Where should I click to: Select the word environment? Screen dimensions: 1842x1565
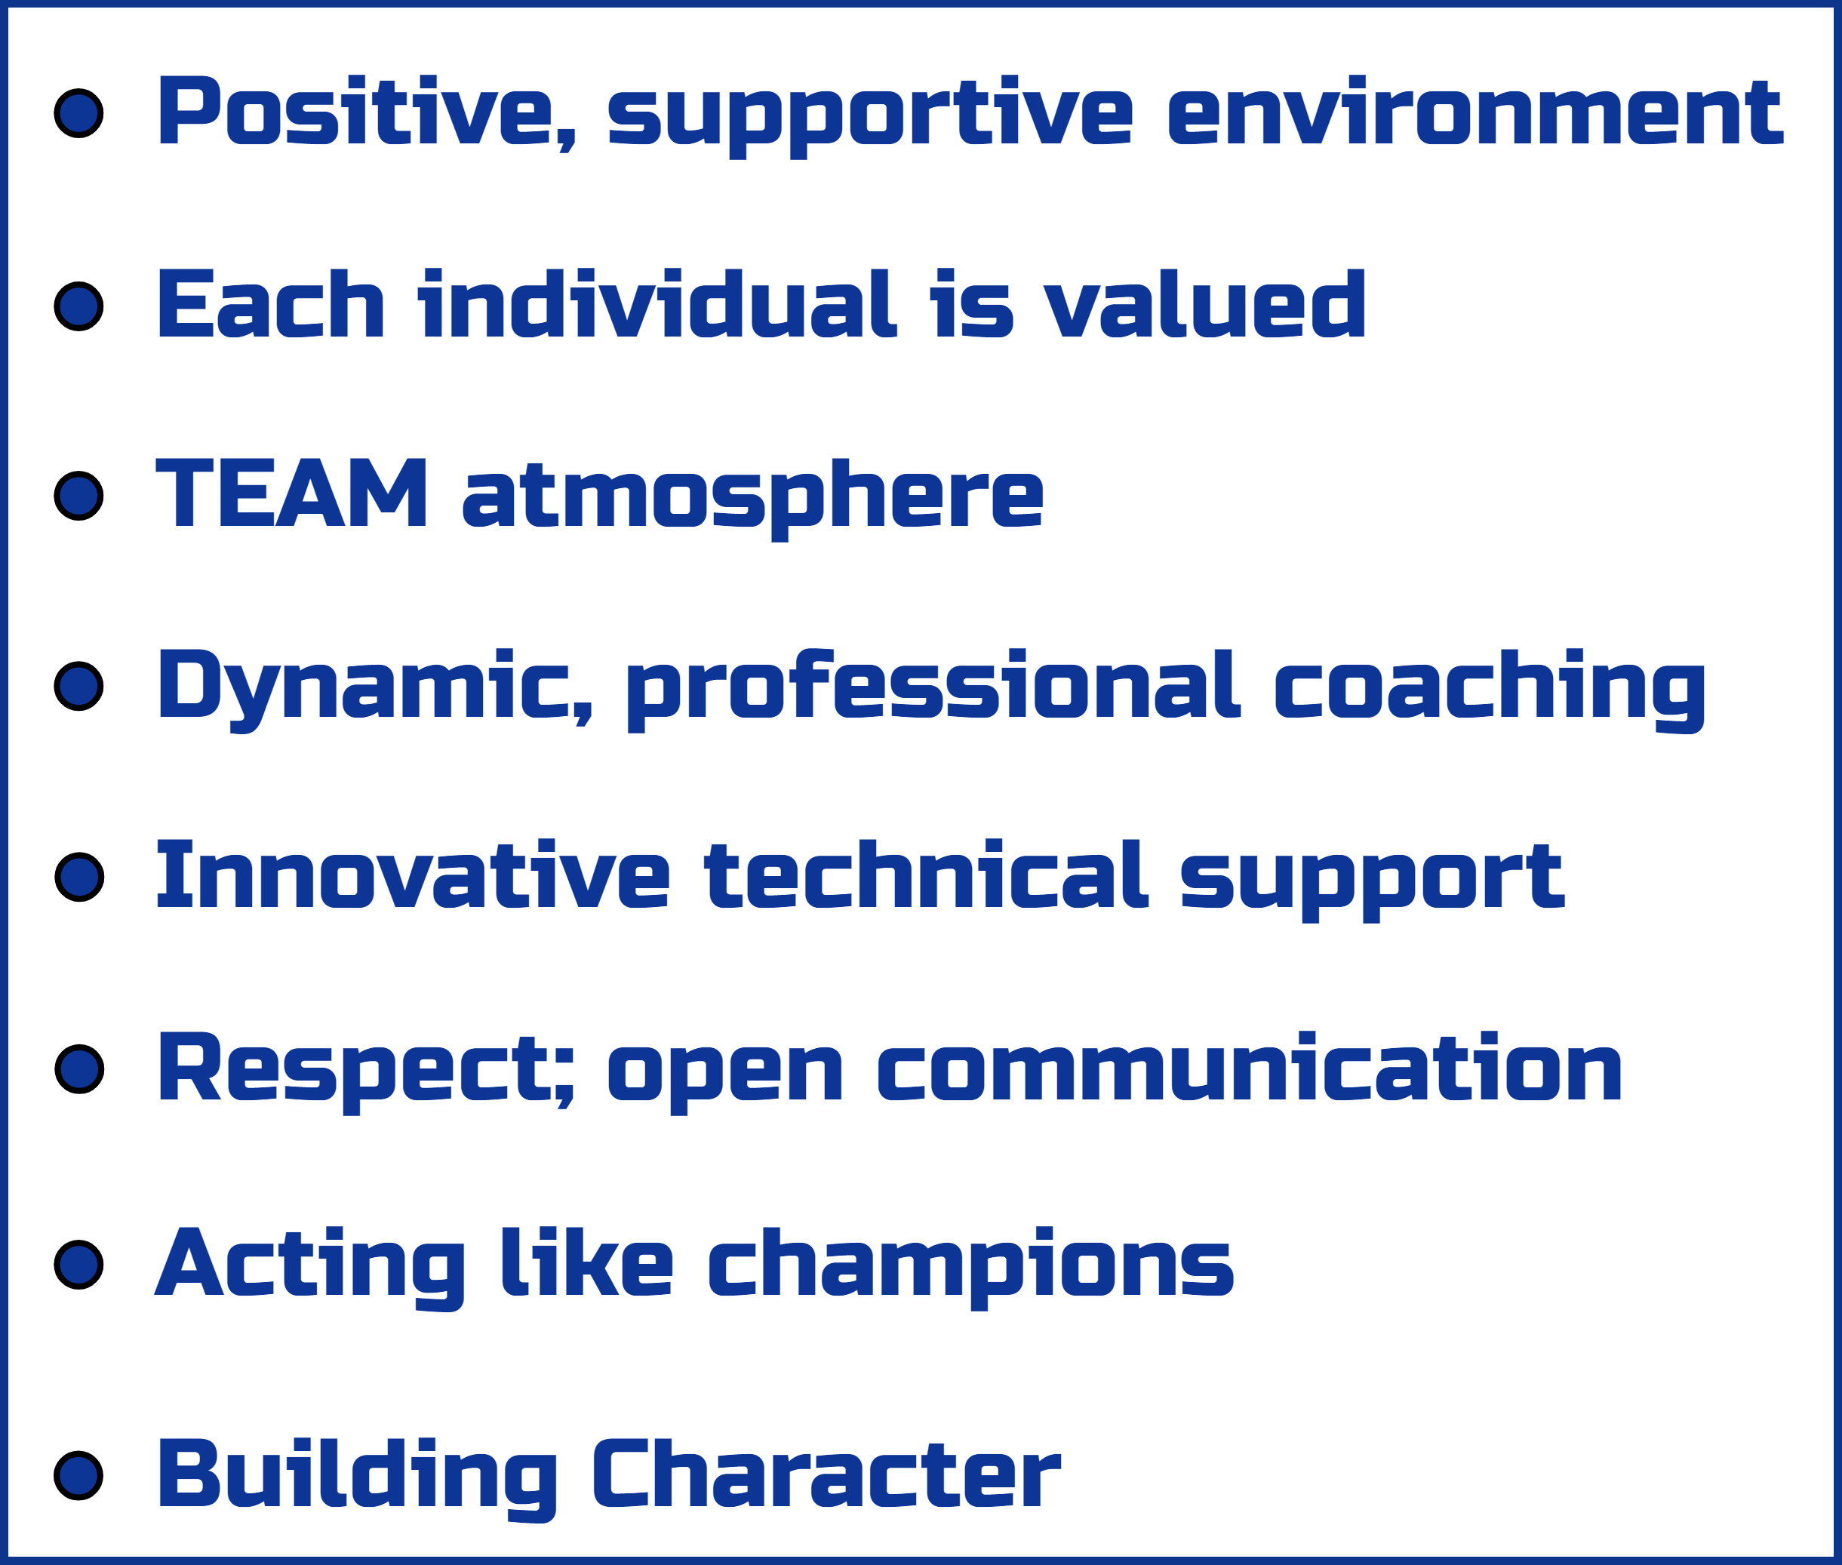click(1475, 111)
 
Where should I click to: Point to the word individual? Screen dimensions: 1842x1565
click(657, 303)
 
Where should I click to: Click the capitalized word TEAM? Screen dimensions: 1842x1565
click(291, 493)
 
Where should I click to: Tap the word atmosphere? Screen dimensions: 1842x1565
click(752, 499)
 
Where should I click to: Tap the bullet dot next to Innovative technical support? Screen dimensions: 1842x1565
click(79, 877)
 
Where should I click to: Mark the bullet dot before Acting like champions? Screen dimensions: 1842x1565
click(79, 1264)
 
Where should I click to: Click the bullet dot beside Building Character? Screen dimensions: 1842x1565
click(79, 1475)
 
